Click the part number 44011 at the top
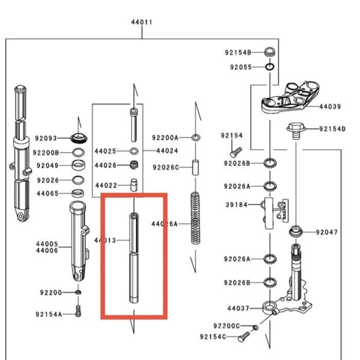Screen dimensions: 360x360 click(x=142, y=22)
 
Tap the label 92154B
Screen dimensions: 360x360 click(x=238, y=52)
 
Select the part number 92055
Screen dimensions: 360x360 click(x=241, y=67)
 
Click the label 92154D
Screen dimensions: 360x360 click(x=332, y=129)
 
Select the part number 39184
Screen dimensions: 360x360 click(x=237, y=205)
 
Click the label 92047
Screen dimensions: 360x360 click(x=327, y=232)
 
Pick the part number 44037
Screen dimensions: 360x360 click(x=238, y=309)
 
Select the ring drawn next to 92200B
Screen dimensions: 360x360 click(x=79, y=153)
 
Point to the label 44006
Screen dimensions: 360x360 click(x=47, y=250)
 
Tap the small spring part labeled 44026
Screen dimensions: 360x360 click(x=134, y=165)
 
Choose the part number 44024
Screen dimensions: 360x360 click(x=167, y=151)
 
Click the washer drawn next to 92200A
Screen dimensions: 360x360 click(x=195, y=138)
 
